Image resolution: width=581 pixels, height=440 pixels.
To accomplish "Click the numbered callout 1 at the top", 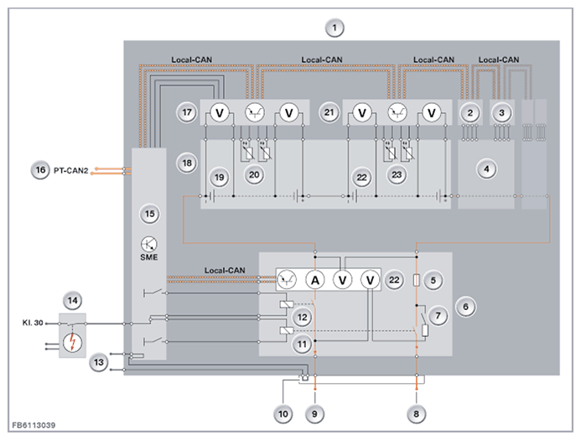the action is (x=335, y=28).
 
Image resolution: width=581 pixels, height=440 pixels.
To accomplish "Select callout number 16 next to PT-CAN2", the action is (x=40, y=170).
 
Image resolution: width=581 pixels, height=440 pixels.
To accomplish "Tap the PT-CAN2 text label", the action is (x=71, y=171).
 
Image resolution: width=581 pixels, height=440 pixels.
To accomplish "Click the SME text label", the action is (x=149, y=257).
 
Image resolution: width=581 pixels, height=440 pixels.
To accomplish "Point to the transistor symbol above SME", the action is (x=149, y=244).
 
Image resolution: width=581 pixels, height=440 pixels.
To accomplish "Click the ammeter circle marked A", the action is (x=315, y=281).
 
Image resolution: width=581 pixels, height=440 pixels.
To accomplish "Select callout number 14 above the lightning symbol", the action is (x=73, y=300).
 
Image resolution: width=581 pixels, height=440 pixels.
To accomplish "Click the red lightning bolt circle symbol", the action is (x=72, y=343).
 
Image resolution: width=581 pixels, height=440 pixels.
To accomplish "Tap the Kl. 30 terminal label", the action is (x=33, y=323).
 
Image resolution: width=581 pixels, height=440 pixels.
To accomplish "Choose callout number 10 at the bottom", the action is (x=283, y=414).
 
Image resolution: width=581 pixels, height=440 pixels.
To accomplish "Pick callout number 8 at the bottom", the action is (x=416, y=414).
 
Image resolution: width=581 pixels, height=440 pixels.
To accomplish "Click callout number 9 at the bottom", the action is (x=314, y=414).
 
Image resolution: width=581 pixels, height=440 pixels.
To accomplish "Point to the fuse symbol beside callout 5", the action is (x=417, y=281).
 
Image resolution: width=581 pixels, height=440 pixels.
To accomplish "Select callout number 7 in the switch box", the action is (x=438, y=316).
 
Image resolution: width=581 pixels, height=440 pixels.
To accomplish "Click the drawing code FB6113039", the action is (x=34, y=425).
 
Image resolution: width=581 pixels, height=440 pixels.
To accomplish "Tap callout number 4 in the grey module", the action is (x=486, y=169).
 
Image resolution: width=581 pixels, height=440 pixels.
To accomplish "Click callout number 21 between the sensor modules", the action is (x=329, y=112).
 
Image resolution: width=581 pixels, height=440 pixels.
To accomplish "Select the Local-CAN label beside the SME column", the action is (x=225, y=271).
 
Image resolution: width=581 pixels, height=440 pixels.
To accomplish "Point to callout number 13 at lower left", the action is (x=99, y=362).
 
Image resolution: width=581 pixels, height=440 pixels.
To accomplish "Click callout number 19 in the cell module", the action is (x=220, y=178).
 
